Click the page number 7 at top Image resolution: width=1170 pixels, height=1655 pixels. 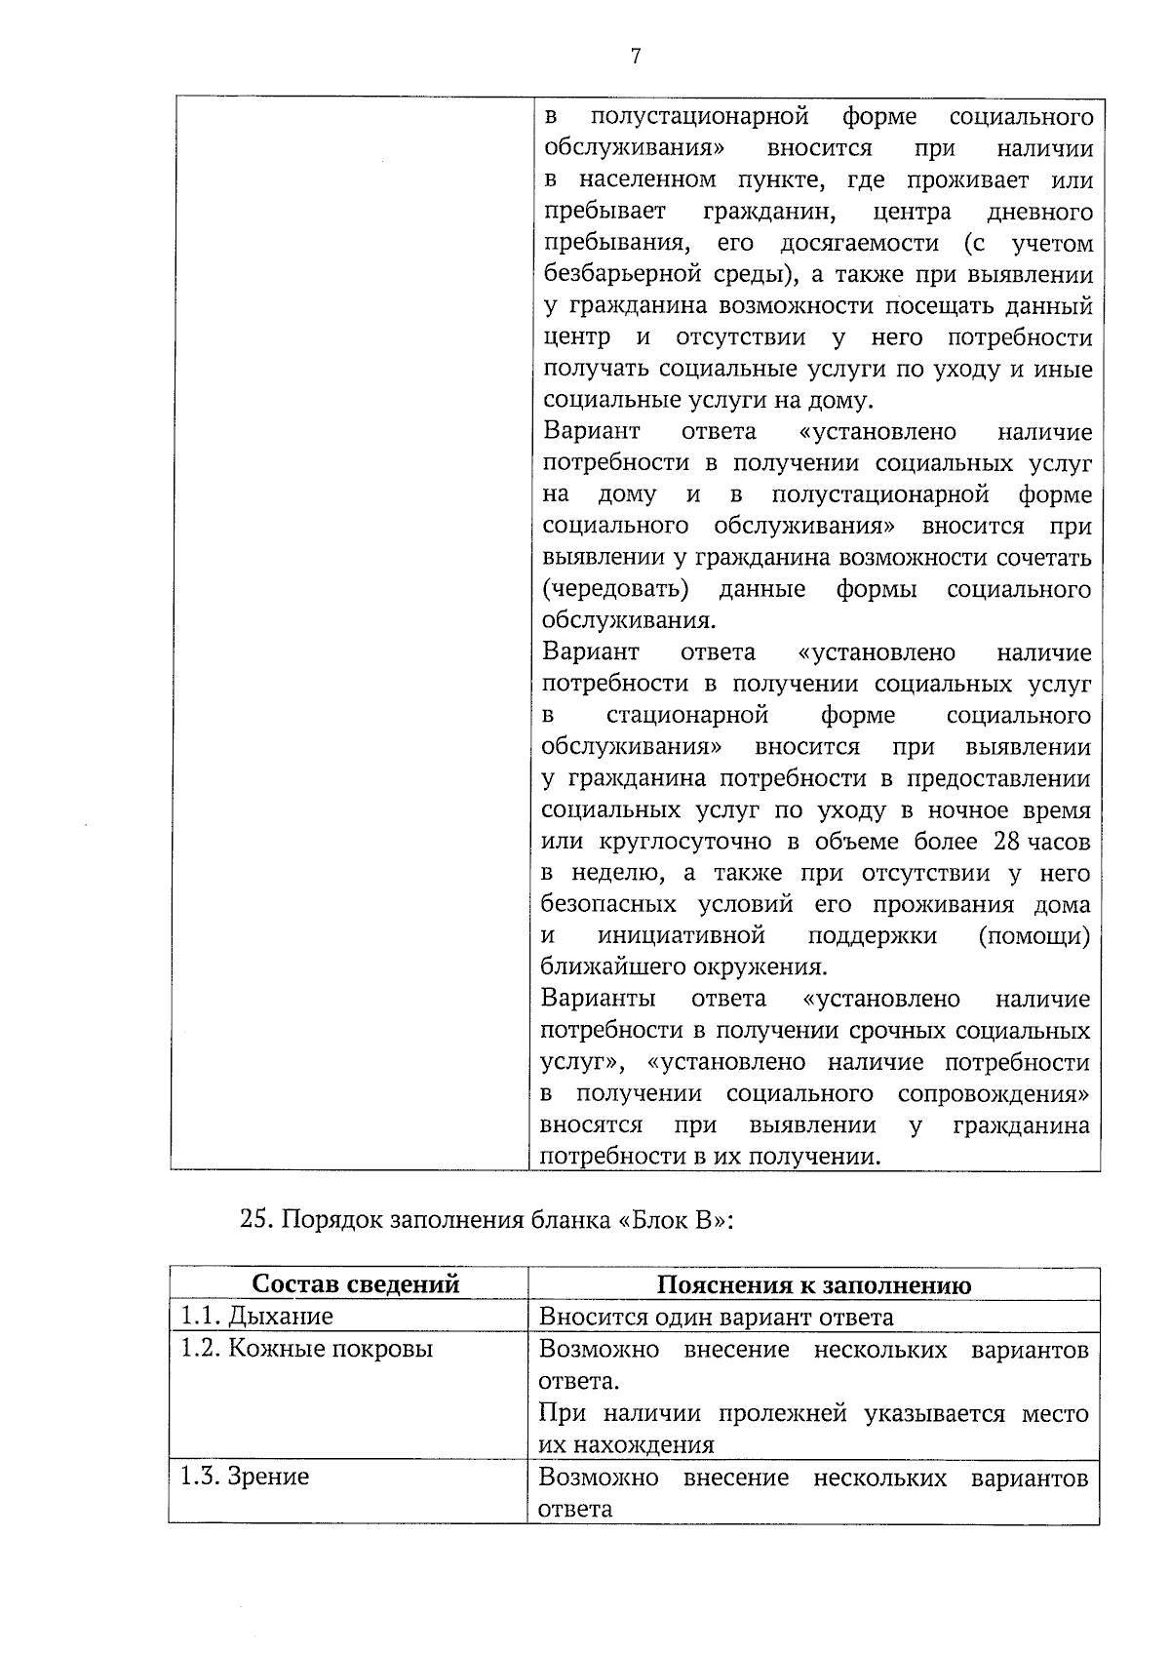[636, 58]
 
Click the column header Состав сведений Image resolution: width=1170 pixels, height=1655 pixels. [355, 1284]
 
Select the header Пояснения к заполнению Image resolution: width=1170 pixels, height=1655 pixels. [813, 1284]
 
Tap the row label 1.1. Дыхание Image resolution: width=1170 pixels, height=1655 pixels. [256, 1317]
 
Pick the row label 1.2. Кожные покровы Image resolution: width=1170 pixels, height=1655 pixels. [306, 1349]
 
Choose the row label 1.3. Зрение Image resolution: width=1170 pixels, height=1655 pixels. [244, 1477]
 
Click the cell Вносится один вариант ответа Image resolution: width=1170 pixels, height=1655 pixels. [716, 1318]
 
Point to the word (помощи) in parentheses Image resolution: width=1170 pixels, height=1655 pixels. [1033, 936]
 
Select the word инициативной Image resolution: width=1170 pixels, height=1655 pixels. [681, 936]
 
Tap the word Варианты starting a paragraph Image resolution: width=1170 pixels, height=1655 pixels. [598, 999]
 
